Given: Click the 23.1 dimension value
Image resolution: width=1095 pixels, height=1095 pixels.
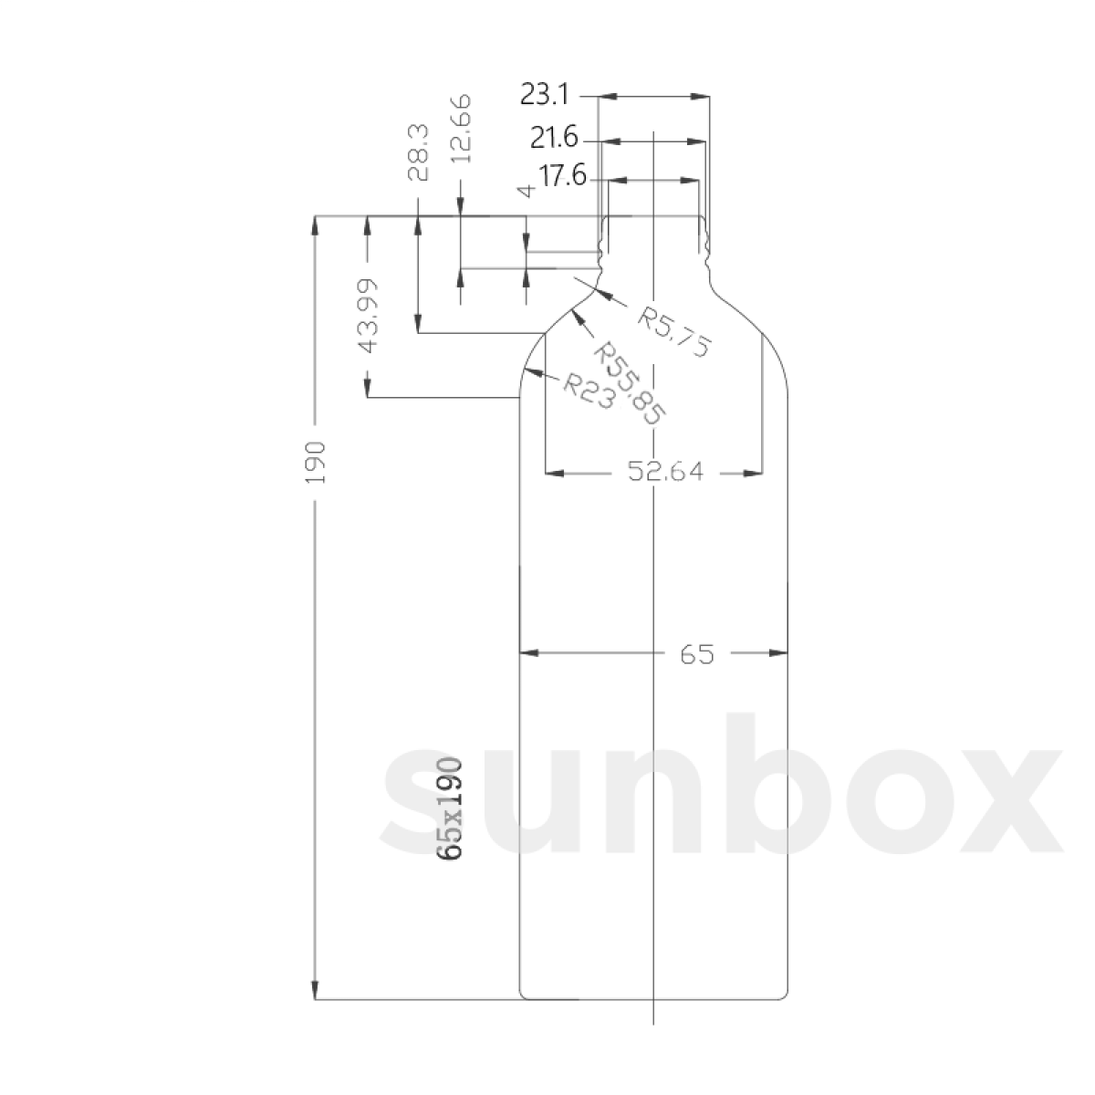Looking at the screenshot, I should point(545,94).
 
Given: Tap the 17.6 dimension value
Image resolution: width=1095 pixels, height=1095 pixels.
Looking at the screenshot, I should point(562,176).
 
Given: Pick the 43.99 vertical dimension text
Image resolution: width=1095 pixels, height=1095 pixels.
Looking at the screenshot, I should point(367,315).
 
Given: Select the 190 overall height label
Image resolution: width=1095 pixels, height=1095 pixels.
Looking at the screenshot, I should point(316,462).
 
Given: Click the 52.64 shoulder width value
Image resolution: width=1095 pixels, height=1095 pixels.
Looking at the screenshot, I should point(665,473).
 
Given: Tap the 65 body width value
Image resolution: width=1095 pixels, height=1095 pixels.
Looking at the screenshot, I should point(695,653).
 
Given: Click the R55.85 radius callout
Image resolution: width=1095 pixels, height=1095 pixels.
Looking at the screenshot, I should point(630,382).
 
